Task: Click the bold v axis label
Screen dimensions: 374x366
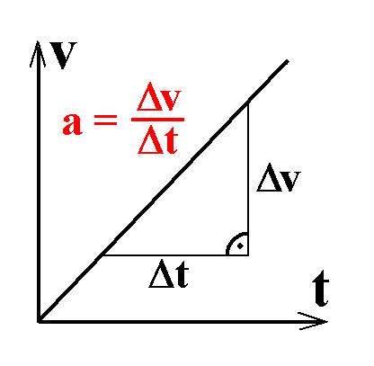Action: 63,56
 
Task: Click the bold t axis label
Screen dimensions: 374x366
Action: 321,289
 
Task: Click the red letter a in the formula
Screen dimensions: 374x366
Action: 72,124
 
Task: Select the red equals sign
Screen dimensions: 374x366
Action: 105,120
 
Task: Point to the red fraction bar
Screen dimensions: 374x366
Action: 157,120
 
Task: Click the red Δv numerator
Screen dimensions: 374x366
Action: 159,97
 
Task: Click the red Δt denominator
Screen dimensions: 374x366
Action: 158,140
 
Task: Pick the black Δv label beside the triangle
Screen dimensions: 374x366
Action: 279,177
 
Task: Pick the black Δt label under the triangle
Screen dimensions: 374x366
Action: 169,273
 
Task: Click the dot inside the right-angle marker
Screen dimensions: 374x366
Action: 240,246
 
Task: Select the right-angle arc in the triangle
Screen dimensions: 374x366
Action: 231,239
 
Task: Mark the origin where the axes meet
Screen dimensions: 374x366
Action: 39,322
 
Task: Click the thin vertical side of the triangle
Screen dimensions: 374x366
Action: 248,179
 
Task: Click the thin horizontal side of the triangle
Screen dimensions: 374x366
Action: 175,255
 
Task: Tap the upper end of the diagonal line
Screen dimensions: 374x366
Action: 288,61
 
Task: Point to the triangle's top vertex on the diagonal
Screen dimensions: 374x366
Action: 248,103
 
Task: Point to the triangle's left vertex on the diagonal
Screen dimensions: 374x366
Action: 102,255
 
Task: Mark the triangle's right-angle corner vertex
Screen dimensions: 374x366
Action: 248,255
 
